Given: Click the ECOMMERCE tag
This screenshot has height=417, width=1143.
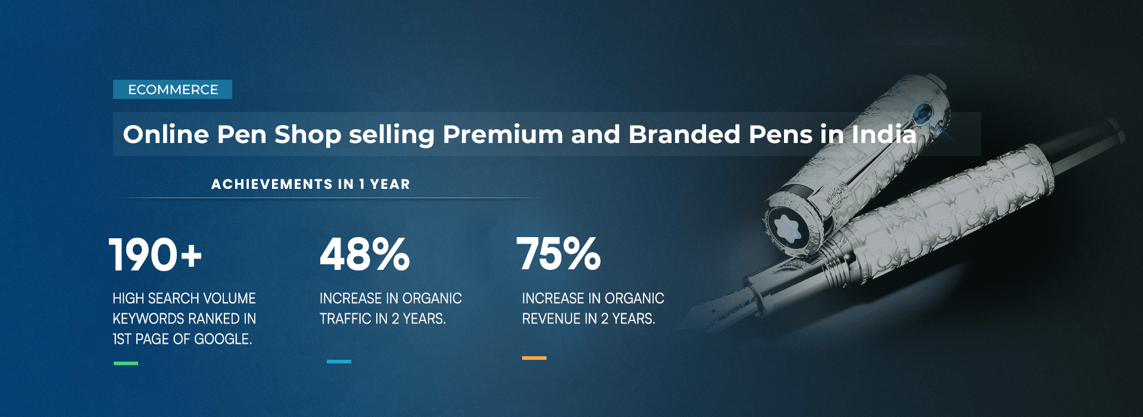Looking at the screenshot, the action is pyautogui.click(x=173, y=89).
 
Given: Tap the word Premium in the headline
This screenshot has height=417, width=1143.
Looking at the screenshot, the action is pyautogui.click(x=502, y=134).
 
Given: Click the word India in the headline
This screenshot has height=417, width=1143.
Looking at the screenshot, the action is pyautogui.click(x=883, y=134).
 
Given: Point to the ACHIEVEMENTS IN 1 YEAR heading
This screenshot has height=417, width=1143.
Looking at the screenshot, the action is pyautogui.click(x=311, y=184).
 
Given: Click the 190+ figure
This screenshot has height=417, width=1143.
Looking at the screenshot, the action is pyautogui.click(x=155, y=255).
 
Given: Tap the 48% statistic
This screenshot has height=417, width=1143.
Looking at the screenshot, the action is pyautogui.click(x=364, y=254).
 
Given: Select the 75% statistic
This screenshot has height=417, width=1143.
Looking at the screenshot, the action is pyautogui.click(x=558, y=254).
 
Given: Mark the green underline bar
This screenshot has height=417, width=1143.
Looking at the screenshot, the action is pyautogui.click(x=126, y=363).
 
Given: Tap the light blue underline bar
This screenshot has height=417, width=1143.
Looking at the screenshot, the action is pyautogui.click(x=339, y=362).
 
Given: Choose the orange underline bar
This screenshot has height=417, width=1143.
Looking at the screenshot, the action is pyautogui.click(x=534, y=358).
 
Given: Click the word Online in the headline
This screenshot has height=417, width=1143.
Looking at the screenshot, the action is pyautogui.click(x=166, y=134).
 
